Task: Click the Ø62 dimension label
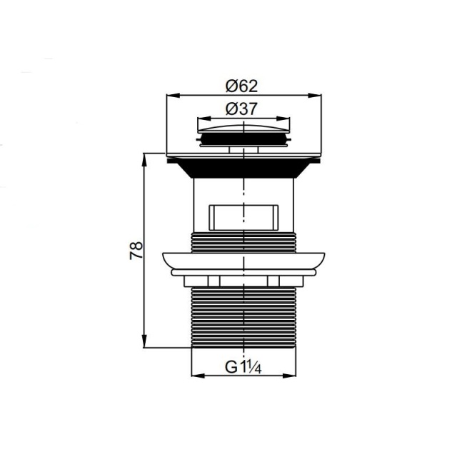point(241,86)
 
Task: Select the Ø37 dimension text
point(241,109)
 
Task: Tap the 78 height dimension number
point(136,250)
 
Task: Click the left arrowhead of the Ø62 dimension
point(173,95)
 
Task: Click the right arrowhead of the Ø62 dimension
point(315,95)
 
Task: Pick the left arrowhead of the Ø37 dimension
point(204,119)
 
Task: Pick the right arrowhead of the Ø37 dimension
point(284,119)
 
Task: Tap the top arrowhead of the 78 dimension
point(144,159)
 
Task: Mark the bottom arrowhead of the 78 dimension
point(144,341)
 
